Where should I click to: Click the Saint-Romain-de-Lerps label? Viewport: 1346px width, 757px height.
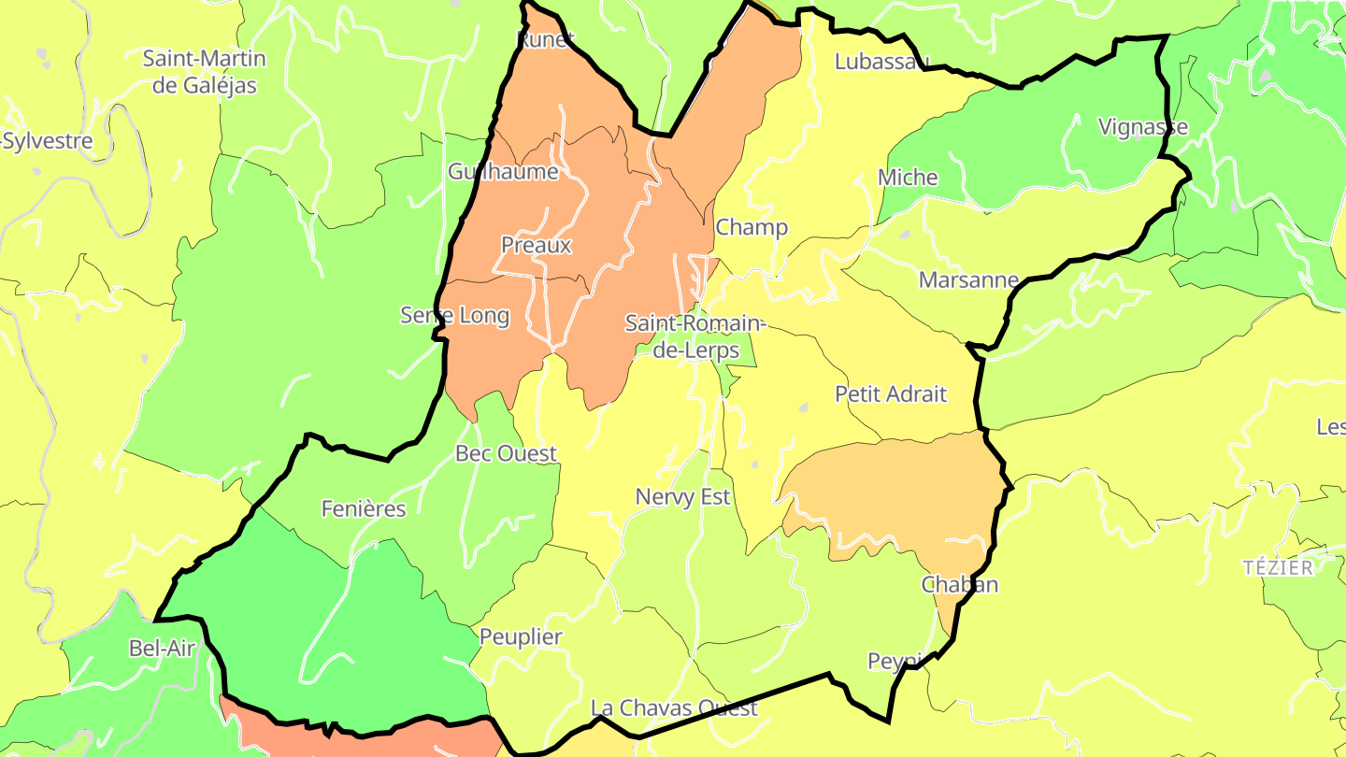pos(694,337)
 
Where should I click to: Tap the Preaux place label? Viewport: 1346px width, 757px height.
pos(536,245)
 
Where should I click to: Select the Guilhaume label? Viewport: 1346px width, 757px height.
pos(503,172)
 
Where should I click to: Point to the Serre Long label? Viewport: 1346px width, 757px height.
pos(455,315)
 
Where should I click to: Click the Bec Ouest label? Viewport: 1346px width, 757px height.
pos(506,453)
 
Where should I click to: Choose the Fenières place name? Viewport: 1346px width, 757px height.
pos(364,508)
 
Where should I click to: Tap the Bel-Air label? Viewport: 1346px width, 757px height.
pos(161,648)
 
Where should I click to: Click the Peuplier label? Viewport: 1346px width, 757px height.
pos(521,637)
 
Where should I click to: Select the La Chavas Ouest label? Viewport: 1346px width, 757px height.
pos(674,707)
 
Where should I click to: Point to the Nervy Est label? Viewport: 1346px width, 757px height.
pos(683,496)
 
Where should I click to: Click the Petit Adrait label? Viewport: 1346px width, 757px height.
pos(891,394)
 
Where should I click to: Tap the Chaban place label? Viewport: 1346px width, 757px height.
pos(960,584)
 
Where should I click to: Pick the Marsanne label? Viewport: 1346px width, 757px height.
pos(968,279)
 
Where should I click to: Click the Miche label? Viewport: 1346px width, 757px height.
pos(908,178)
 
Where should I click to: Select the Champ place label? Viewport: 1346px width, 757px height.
pos(752,227)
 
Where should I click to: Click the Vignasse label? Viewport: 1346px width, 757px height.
pos(1143,126)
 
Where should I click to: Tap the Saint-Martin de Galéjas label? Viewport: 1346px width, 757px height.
pos(204,72)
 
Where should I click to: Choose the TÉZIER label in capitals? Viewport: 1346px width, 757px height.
pos(1278,567)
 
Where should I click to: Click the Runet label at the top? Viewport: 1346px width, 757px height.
pos(546,38)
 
